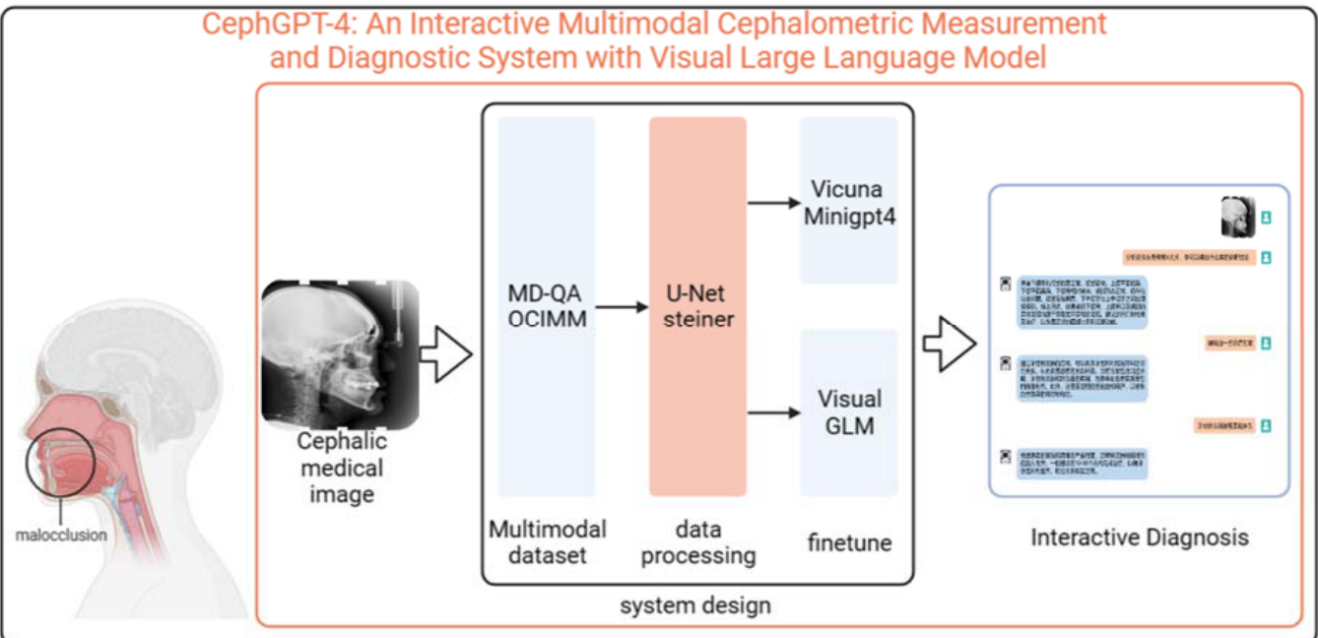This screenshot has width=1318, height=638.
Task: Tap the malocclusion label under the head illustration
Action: click(61, 536)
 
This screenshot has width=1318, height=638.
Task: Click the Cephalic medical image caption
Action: click(341, 468)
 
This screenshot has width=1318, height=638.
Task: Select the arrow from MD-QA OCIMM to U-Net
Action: click(622, 307)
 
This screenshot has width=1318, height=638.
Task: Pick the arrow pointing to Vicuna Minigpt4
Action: click(773, 203)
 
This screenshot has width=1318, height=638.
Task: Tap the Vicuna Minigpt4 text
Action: click(848, 202)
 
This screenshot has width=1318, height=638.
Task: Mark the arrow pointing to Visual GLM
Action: click(773, 412)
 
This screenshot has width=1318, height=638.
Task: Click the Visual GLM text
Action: click(849, 413)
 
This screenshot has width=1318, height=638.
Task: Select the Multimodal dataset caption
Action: click(547, 542)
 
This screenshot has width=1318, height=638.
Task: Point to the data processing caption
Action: click(697, 542)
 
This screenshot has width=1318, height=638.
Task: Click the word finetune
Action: click(849, 542)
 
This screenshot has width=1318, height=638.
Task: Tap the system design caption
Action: click(695, 605)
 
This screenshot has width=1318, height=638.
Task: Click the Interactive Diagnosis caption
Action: click(1140, 538)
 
